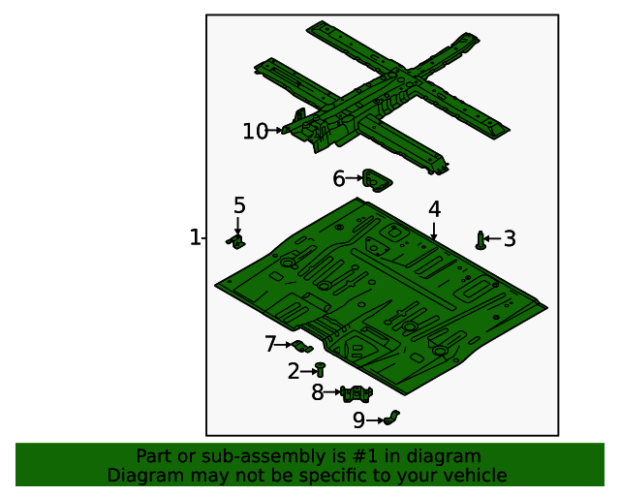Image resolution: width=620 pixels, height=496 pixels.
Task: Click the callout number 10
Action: (255, 131)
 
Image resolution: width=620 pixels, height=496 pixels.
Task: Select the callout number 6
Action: (338, 178)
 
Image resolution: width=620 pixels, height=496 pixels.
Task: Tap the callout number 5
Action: (239, 205)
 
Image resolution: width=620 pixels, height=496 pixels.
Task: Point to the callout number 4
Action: (434, 209)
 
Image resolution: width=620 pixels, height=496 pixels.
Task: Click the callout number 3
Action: (510, 238)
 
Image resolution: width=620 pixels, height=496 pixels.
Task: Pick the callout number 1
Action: (195, 237)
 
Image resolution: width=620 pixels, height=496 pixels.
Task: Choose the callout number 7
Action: (270, 344)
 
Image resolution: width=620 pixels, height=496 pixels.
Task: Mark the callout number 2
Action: (294, 370)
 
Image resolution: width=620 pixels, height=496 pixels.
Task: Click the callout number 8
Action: (317, 392)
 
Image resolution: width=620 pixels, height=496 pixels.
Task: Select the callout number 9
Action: (358, 420)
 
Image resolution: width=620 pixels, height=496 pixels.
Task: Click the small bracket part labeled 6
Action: (376, 179)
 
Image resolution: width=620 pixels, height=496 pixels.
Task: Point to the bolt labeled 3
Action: (480, 239)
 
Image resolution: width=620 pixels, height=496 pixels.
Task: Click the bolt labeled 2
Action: (320, 369)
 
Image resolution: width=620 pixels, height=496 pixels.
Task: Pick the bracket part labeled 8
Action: (357, 392)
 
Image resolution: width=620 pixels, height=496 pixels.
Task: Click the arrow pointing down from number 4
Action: (434, 231)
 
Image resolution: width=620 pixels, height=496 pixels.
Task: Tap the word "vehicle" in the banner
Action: (474, 476)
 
